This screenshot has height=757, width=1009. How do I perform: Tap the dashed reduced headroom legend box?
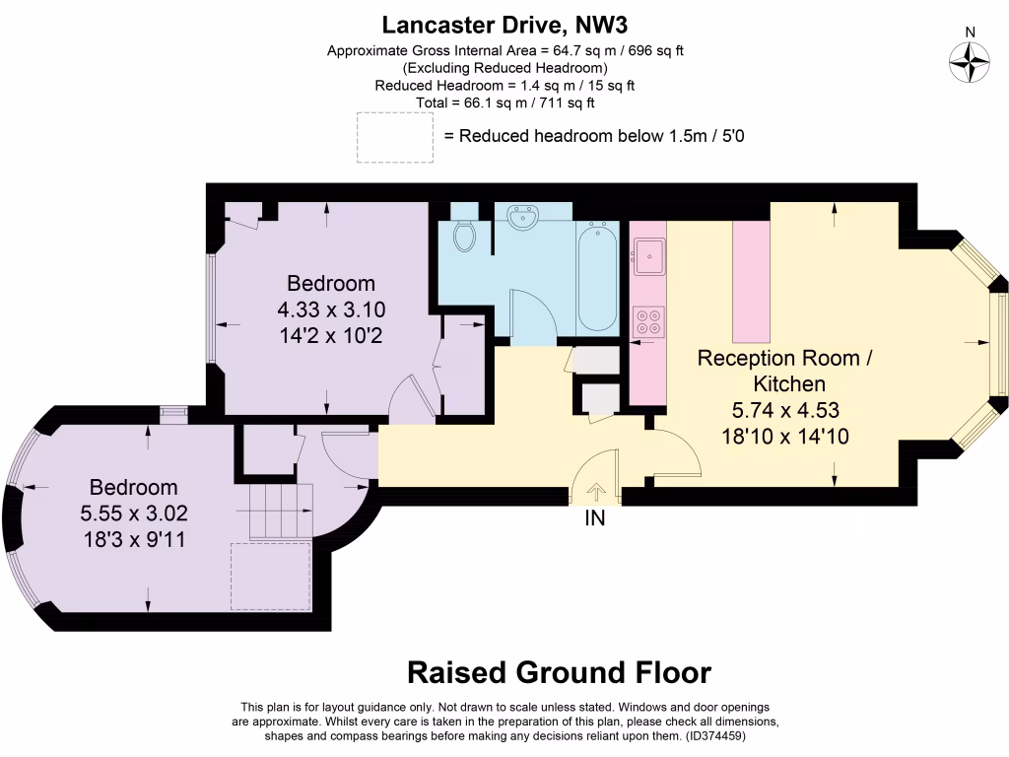pos(394,136)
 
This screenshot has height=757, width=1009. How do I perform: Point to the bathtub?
pos(597,278)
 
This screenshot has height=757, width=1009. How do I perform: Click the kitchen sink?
pos(648,256)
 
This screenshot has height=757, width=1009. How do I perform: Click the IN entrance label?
pos(595,517)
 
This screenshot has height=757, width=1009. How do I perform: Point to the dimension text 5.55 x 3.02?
pos(134,513)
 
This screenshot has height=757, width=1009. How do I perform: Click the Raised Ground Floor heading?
pos(559,672)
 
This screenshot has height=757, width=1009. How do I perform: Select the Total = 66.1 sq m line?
pos(506,103)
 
